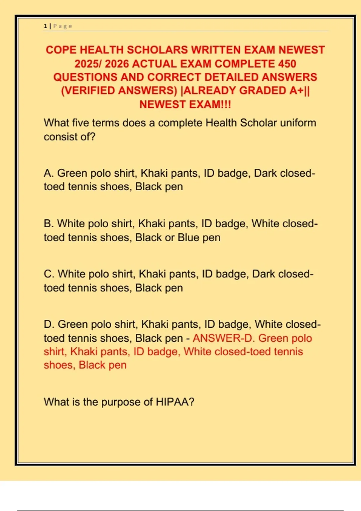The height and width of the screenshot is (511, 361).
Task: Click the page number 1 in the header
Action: coord(45,26)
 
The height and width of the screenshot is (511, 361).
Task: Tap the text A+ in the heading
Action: coord(296,90)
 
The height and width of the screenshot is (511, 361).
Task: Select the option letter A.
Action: coord(48,173)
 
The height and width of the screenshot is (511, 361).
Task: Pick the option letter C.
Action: coord(48,274)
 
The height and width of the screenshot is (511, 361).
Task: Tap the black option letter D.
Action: coord(48,324)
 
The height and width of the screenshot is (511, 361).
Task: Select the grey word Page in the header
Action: coord(63,26)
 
